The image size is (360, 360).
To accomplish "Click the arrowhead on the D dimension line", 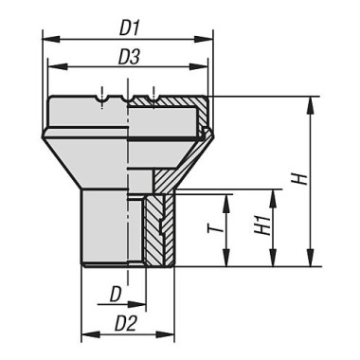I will (134, 306).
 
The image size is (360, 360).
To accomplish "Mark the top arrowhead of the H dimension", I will (310, 101).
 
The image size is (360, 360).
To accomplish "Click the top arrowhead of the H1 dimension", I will (272, 194).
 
